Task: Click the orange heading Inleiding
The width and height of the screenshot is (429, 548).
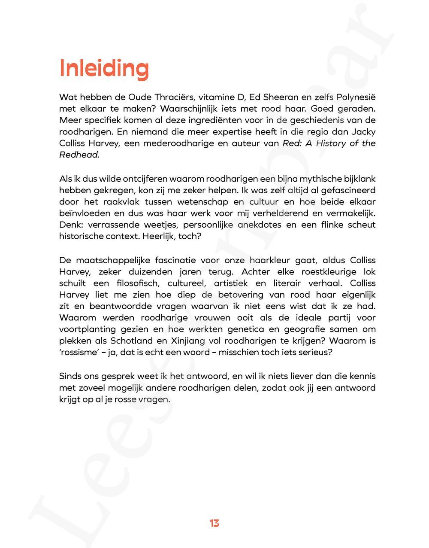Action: click(104, 68)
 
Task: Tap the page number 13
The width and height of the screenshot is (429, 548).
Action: click(214, 523)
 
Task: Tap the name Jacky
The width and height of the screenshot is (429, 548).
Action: click(364, 132)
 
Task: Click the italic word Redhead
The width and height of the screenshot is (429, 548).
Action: click(79, 155)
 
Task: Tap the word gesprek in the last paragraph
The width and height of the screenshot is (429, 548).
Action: click(117, 376)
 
